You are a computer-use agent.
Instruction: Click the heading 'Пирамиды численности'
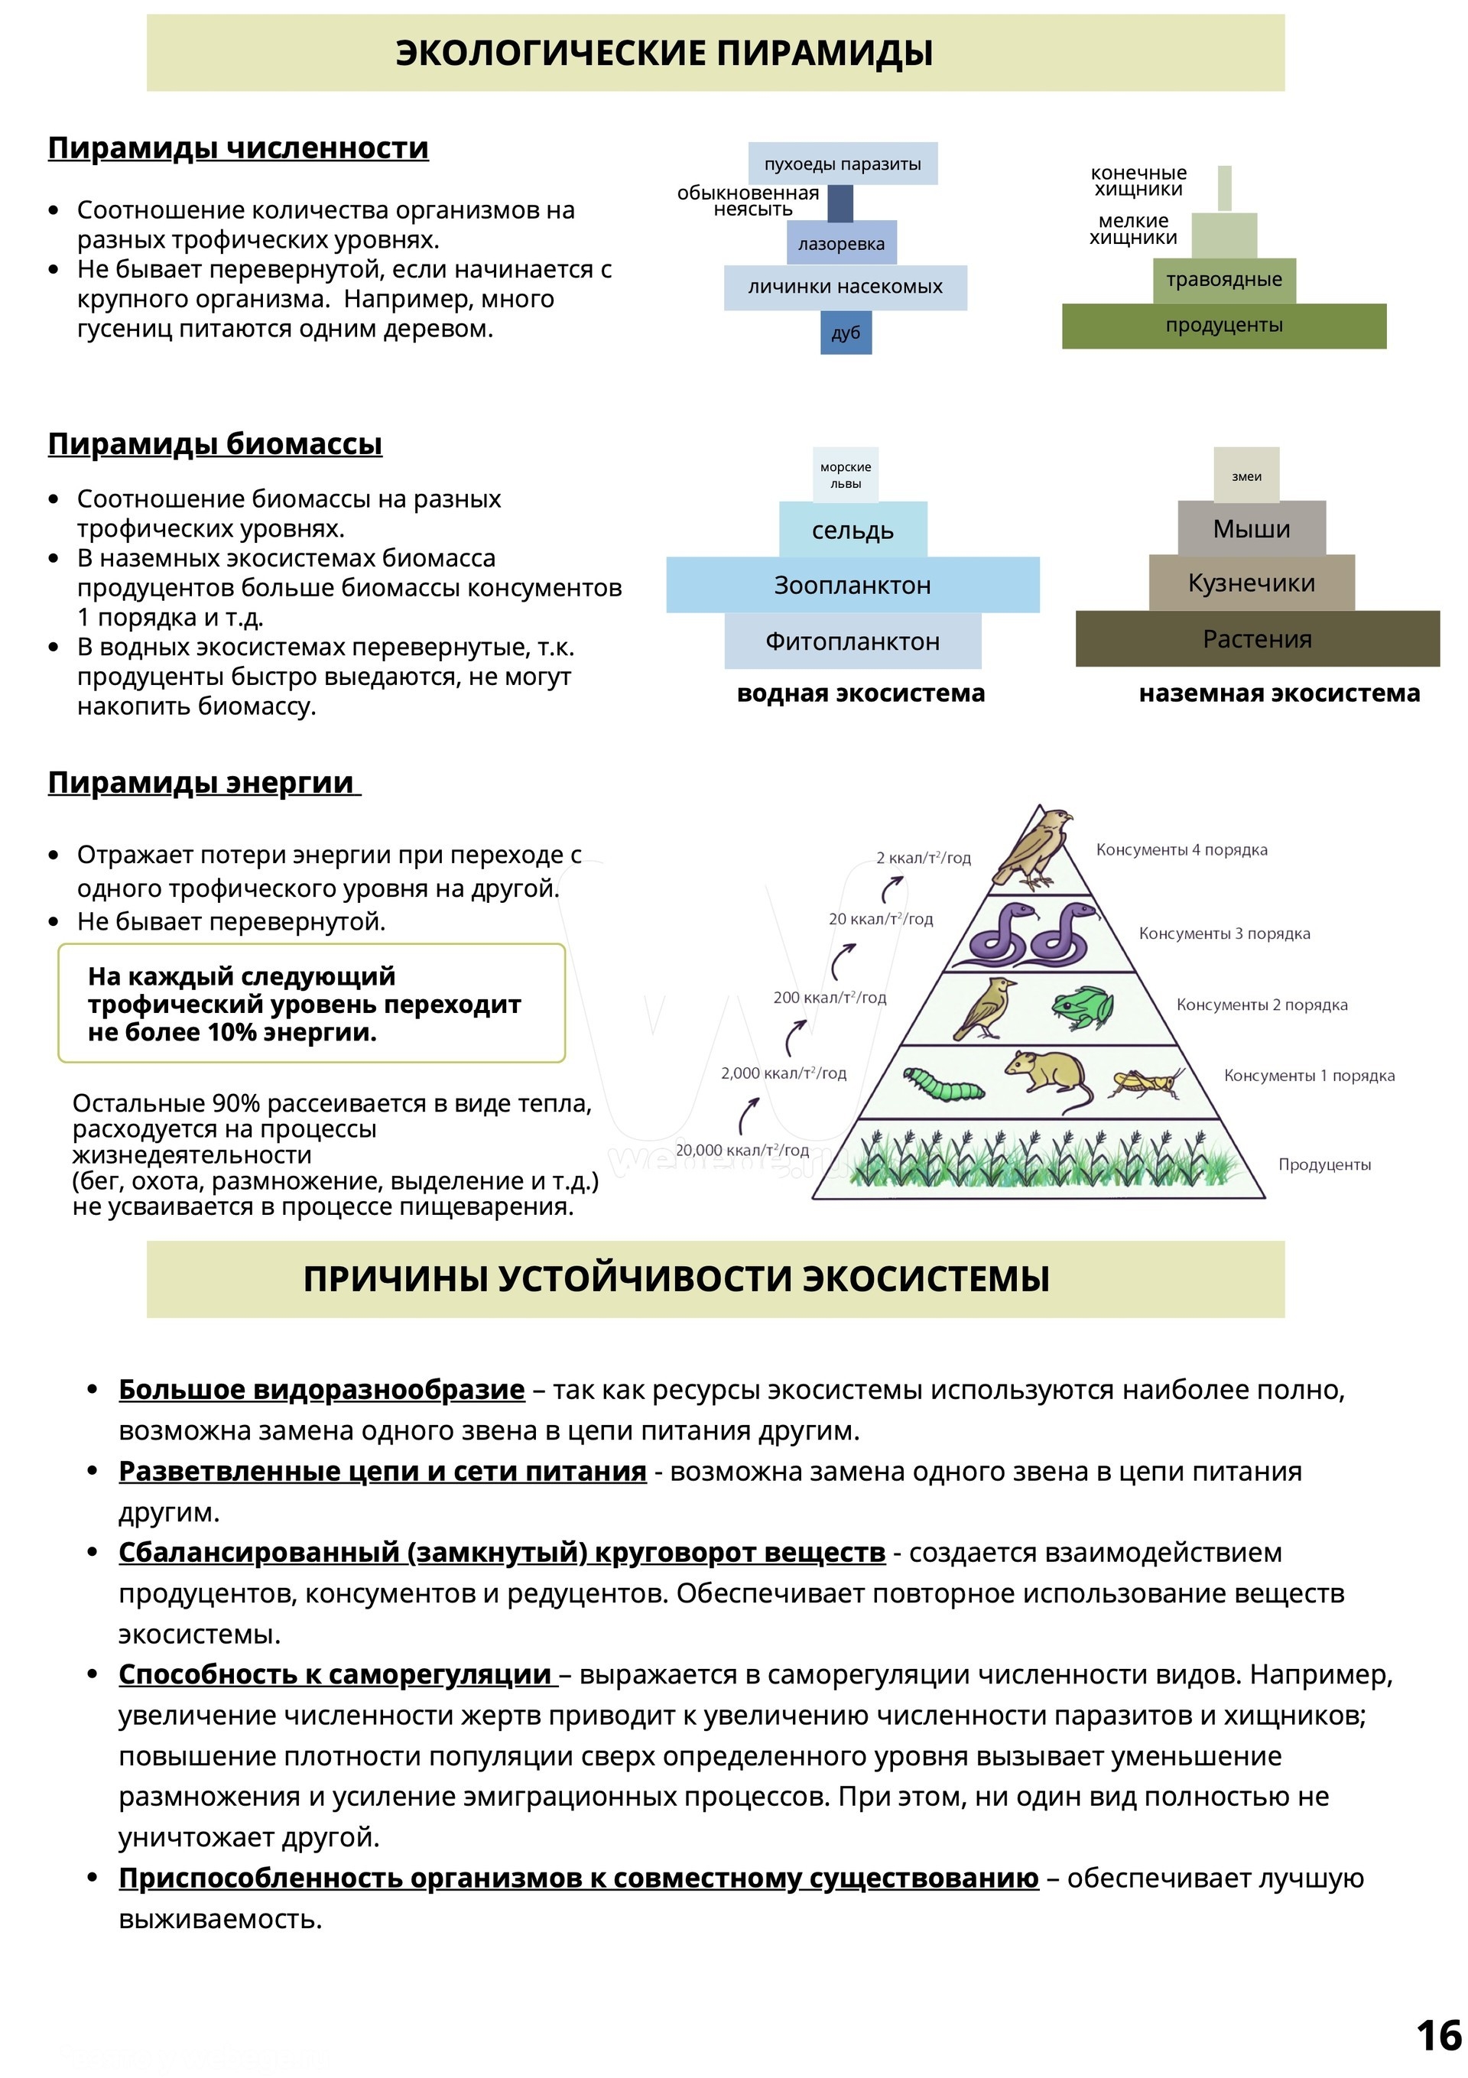click(x=238, y=148)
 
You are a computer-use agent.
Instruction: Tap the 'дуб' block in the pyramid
click(x=846, y=333)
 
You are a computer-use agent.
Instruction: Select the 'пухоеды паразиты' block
click(x=843, y=164)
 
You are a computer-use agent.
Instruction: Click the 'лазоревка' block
click(x=842, y=243)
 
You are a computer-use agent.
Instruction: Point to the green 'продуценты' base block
click(x=1223, y=326)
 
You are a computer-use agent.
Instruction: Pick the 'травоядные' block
click(x=1223, y=280)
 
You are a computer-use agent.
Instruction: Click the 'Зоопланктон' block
click(x=853, y=586)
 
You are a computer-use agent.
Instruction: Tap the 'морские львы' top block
click(x=846, y=475)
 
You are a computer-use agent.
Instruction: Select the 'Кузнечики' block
click(x=1251, y=583)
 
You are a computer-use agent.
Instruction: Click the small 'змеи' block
click(x=1246, y=476)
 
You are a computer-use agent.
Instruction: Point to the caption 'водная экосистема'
click(x=861, y=693)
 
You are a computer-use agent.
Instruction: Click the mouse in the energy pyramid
click(x=1050, y=1077)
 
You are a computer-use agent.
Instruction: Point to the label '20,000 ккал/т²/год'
click(x=742, y=1151)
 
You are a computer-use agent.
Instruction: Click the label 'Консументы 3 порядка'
click(x=1223, y=933)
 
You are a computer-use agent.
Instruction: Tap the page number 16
click(x=1438, y=2037)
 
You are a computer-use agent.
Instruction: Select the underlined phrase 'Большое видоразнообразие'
click(x=321, y=1389)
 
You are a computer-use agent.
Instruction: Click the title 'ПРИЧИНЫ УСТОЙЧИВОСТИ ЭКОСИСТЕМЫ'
click(x=676, y=1279)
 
